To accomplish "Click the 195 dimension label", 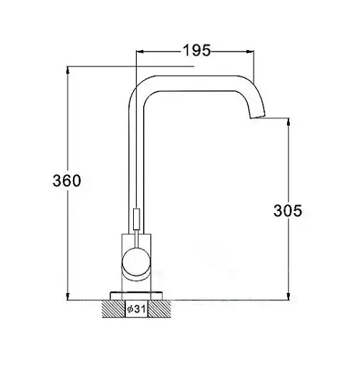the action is coord(197,51).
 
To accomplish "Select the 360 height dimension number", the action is coord(67,180).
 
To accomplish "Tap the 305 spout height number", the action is coord(288,211).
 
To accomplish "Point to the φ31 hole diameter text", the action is coord(136,309).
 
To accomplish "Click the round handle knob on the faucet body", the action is coord(137,262).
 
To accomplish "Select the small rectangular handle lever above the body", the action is coord(137,219).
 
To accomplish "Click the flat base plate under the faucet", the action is coord(136,295).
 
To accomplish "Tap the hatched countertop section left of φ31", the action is coord(114,309).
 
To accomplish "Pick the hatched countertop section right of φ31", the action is coord(160,309).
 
